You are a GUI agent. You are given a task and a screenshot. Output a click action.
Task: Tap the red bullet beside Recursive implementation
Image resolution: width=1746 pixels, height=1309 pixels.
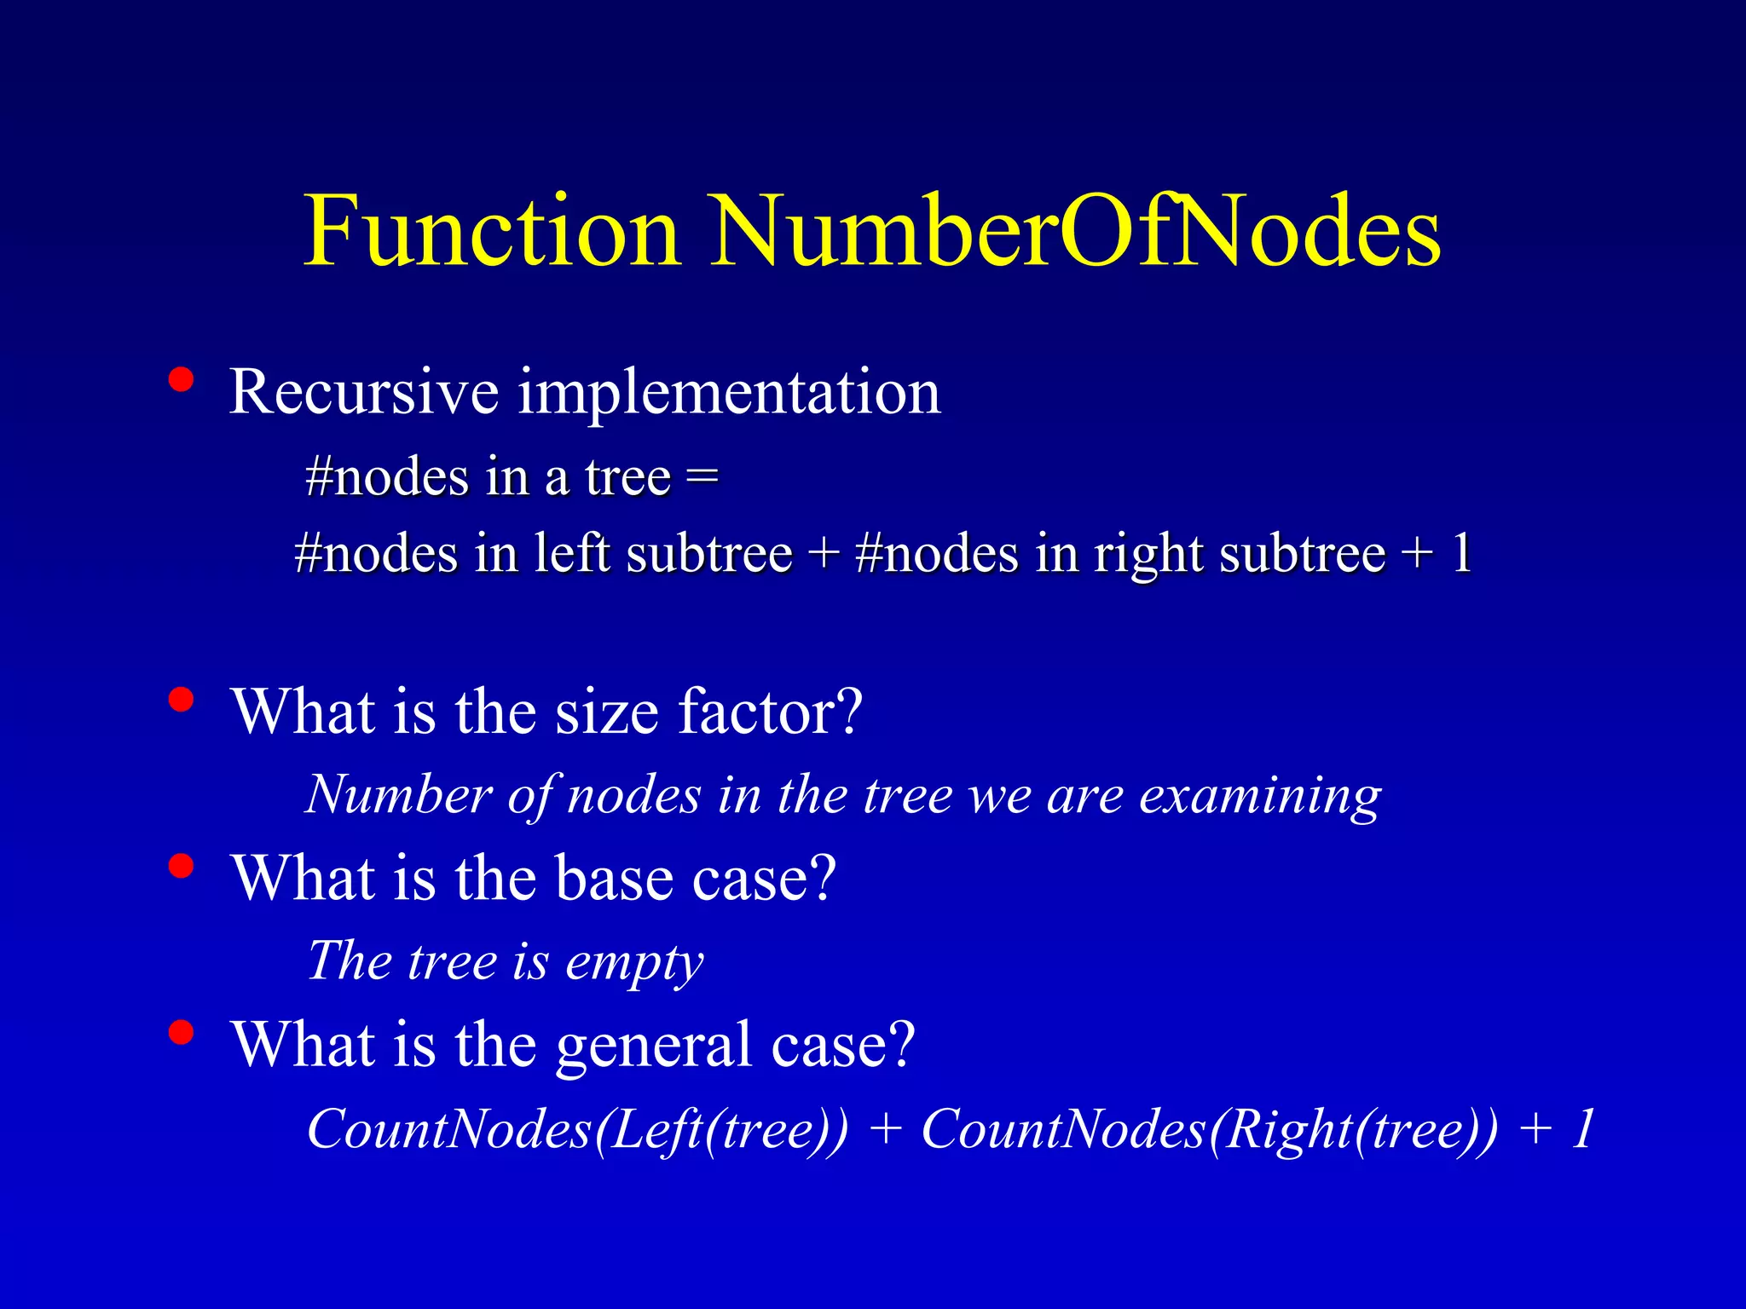click(180, 379)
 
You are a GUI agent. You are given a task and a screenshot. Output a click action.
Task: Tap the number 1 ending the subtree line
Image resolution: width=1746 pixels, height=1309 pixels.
click(1461, 554)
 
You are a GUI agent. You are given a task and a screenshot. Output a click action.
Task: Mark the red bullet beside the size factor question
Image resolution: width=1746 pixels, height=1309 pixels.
click(180, 700)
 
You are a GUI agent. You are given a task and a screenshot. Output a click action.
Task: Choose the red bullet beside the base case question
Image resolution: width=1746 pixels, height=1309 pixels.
click(180, 866)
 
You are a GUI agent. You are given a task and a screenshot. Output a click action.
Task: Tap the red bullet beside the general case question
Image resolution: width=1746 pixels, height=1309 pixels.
click(180, 1032)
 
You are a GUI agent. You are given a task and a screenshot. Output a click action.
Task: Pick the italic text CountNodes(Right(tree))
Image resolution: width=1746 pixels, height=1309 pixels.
click(1209, 1130)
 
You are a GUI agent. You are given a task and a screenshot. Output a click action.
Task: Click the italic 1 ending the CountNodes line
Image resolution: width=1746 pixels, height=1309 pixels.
click(1582, 1130)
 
